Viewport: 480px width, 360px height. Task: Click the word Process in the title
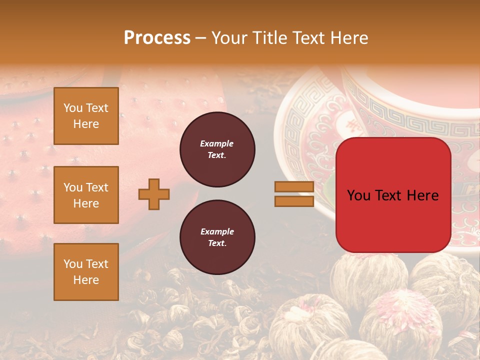click(x=157, y=38)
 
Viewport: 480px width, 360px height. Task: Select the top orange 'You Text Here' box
click(x=86, y=116)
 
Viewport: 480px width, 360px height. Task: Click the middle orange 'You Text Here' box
click(x=86, y=195)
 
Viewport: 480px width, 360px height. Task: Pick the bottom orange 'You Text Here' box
click(x=86, y=272)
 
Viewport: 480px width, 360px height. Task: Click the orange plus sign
click(x=154, y=194)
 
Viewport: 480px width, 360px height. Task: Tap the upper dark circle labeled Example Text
click(x=217, y=149)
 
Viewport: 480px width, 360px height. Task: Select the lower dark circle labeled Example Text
click(x=217, y=237)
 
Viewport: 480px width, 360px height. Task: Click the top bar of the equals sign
click(x=294, y=187)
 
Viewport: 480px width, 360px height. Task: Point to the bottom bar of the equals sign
click(x=294, y=201)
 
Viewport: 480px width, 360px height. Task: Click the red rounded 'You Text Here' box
click(x=393, y=195)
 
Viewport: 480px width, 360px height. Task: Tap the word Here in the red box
click(x=422, y=195)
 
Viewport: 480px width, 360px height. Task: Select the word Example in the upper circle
click(x=217, y=143)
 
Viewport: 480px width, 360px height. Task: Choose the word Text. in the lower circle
click(x=217, y=243)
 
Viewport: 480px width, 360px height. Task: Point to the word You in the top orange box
click(x=72, y=108)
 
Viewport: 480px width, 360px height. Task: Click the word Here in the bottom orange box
click(x=86, y=280)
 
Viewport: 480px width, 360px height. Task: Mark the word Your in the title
click(x=228, y=38)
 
